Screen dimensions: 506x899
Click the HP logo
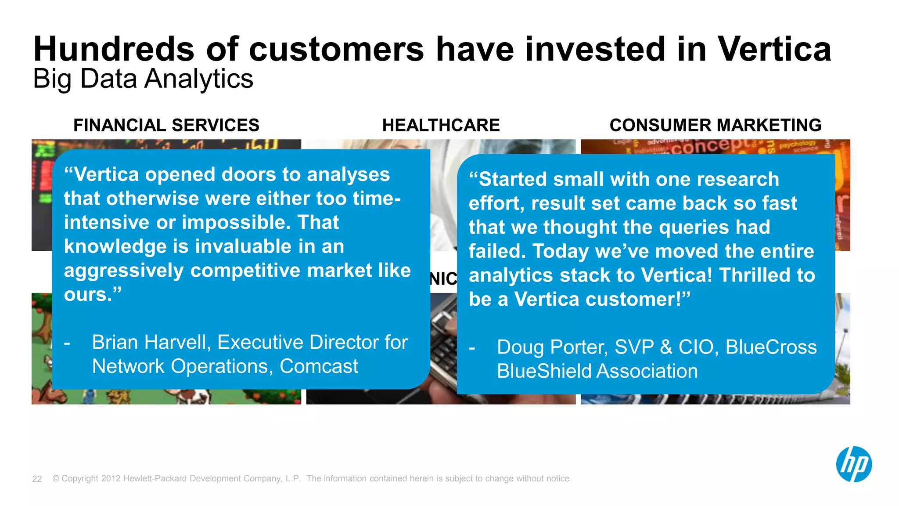coord(854,464)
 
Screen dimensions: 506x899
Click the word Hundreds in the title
coord(114,49)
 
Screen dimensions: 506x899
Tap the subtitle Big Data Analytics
coord(143,79)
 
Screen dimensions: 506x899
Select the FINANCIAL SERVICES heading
coord(166,125)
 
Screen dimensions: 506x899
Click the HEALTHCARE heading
coord(441,125)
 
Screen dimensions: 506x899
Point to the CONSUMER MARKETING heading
coord(715,125)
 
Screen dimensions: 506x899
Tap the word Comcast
coord(319,366)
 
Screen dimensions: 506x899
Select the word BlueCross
coord(771,347)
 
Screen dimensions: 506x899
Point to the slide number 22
coord(37,479)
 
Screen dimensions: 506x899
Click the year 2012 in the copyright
coord(111,478)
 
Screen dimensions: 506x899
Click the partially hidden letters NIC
coord(443,279)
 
